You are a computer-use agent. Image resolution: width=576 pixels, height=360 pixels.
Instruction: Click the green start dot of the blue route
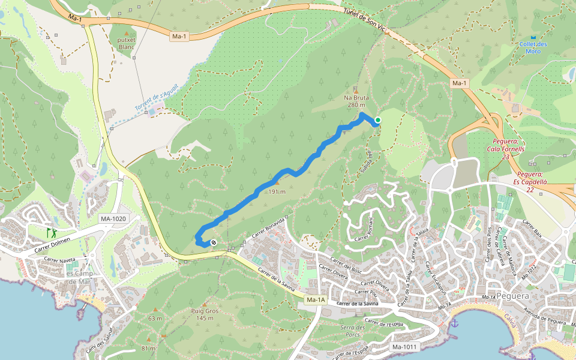pos(378,121)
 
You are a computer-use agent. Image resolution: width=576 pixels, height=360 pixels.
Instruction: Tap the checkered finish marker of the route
pos(214,242)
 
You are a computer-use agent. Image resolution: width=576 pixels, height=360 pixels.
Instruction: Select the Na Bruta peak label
pos(356,101)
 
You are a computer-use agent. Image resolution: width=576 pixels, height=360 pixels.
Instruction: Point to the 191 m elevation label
pos(277,191)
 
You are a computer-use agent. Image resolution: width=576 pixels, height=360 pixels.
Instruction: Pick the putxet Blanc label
pos(127,43)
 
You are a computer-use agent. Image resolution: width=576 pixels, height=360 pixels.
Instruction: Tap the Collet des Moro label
pos(533,47)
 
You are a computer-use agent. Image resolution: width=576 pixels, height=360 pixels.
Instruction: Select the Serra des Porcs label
pos(353,331)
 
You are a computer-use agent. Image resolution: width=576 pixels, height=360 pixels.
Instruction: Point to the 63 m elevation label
pos(155,319)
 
